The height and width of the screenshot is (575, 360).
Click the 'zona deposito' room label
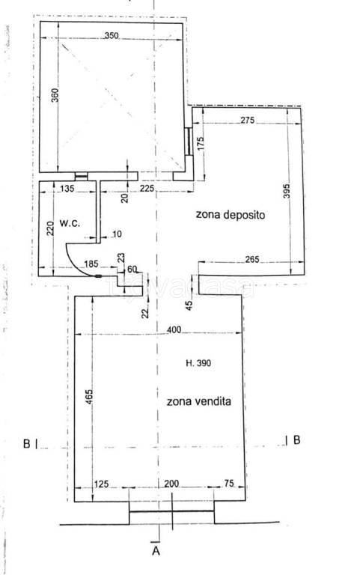coord(231,215)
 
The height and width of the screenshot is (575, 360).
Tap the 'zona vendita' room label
coord(199,401)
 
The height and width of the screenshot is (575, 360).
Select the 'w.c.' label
coord(70,222)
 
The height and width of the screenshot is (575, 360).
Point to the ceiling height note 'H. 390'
coord(198,363)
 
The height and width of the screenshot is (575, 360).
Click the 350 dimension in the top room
coord(112,36)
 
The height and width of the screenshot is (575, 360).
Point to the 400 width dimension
coord(174,330)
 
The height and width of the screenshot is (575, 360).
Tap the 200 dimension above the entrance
coord(172,484)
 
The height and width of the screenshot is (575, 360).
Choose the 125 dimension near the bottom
coord(102,484)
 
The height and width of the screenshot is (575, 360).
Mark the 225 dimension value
coord(147,189)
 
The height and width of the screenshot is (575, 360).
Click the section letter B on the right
coord(296,440)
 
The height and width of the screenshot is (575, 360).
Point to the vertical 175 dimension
coord(201,144)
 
